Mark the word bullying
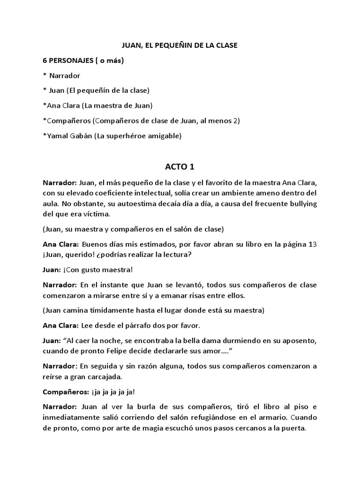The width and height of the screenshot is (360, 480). (x=302, y=203)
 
